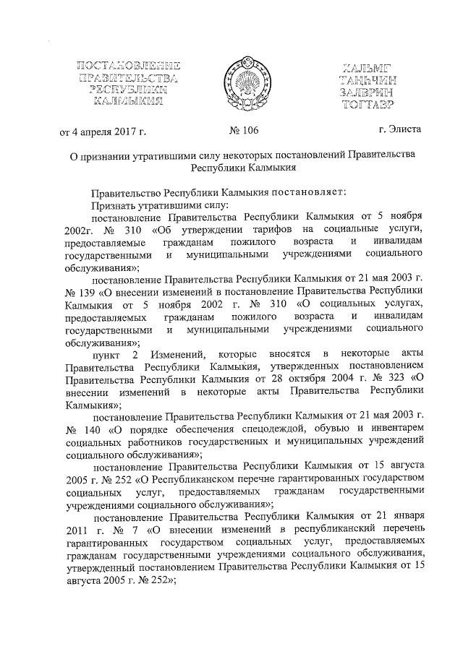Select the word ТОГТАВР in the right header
coord(379,104)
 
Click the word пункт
coord(109,352)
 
